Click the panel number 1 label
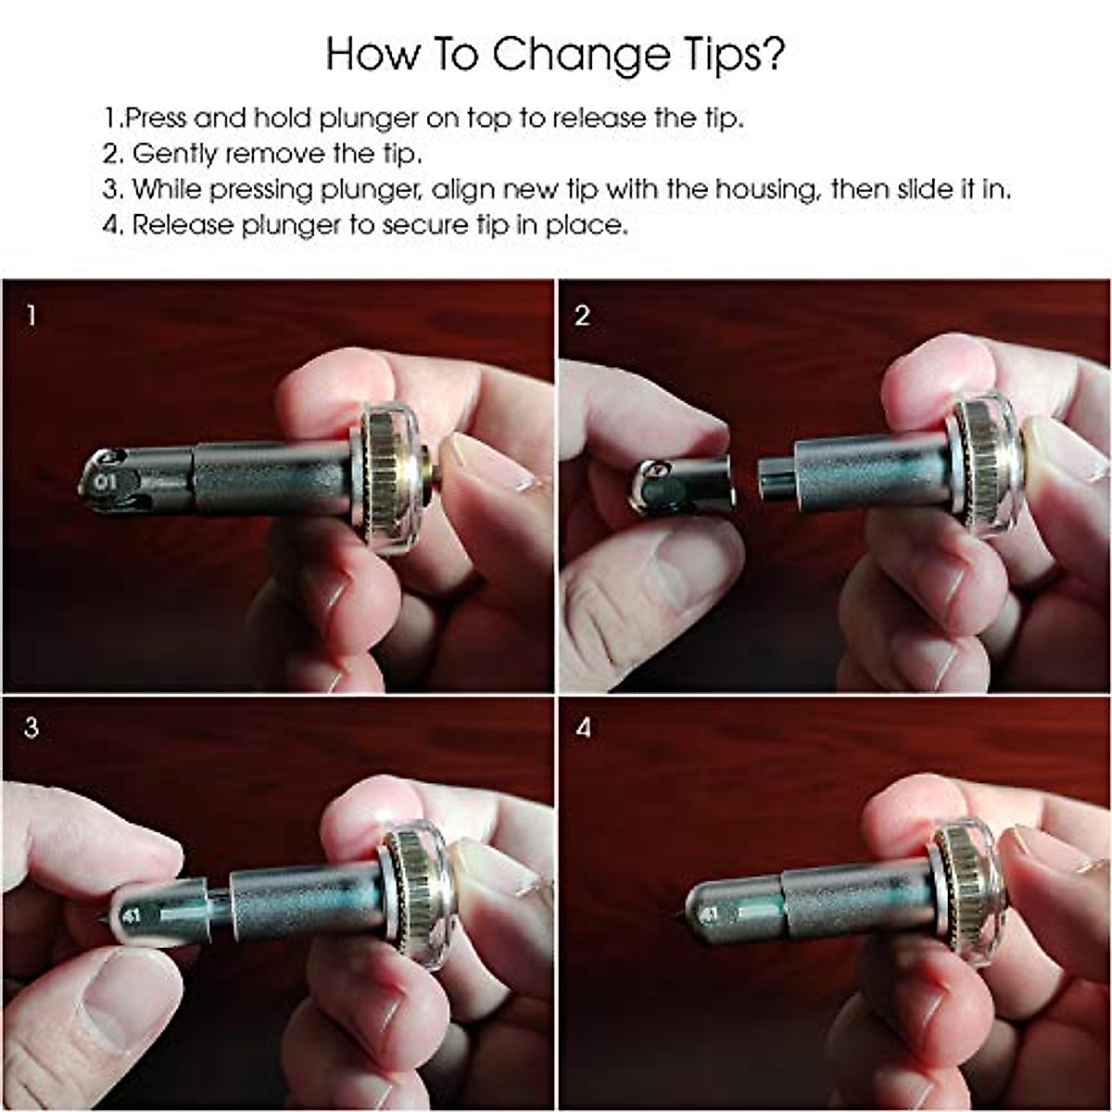[x=31, y=316]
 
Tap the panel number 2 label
[x=582, y=316]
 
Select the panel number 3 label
[x=31, y=728]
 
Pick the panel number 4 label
[x=582, y=728]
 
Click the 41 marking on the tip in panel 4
[x=709, y=914]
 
